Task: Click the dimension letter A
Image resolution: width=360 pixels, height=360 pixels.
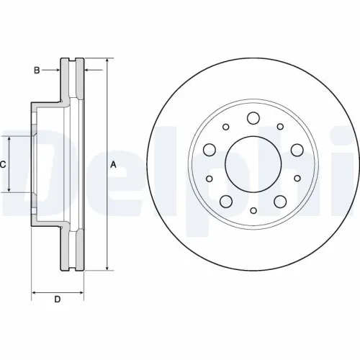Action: pos(113,164)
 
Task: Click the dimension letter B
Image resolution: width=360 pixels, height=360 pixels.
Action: pos(36,70)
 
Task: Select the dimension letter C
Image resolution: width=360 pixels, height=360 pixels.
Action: pos(3,164)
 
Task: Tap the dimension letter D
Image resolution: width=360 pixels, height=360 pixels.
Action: pos(58,300)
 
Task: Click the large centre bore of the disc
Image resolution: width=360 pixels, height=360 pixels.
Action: pos(252,163)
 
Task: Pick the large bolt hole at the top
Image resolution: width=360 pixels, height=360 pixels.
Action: pos(253,119)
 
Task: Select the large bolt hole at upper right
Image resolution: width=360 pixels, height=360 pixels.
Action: pos(296,150)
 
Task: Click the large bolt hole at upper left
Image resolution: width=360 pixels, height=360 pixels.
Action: pos(210,150)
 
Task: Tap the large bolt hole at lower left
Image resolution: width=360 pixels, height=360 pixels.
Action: pos(226,201)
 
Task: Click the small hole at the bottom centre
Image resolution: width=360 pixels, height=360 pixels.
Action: pos(253,210)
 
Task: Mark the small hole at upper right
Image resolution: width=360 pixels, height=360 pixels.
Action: pos(280,127)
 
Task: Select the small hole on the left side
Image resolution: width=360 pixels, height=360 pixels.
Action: pos(209,179)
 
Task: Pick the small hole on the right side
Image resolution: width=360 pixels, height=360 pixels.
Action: pos(297,179)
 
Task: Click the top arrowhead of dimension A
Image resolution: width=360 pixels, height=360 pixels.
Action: pos(107,59)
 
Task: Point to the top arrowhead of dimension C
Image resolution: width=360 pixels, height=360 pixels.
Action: pos(9,138)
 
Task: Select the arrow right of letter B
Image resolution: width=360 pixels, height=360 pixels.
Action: pos(54,70)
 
